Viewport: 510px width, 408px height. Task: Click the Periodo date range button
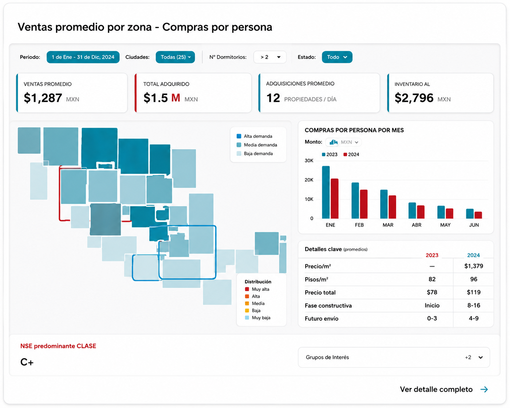[83, 57]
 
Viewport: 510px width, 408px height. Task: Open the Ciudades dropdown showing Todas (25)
[175, 57]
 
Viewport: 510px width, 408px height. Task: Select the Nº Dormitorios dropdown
[270, 57]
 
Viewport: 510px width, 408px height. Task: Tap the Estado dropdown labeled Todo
[337, 57]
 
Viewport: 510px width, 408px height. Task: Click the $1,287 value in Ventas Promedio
[43, 98]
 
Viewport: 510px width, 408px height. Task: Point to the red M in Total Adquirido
[176, 98]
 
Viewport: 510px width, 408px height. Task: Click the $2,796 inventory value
[414, 98]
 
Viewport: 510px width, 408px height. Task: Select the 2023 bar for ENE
[326, 192]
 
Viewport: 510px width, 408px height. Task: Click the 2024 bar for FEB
[363, 204]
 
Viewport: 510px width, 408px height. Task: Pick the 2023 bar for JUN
[470, 213]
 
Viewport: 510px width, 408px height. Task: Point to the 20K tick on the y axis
[309, 180]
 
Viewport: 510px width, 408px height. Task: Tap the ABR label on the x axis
[417, 225]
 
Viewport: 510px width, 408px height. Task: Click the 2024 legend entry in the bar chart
[351, 155]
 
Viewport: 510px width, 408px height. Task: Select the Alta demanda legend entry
[254, 136]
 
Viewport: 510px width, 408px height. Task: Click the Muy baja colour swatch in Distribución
[247, 317]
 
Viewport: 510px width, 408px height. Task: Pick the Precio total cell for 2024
[474, 292]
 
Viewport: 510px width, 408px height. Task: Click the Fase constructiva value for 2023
[432, 305]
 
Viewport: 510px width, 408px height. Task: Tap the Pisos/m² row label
[316, 279]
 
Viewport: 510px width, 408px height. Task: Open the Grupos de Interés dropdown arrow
[481, 357]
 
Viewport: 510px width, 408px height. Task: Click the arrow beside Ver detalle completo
[484, 389]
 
